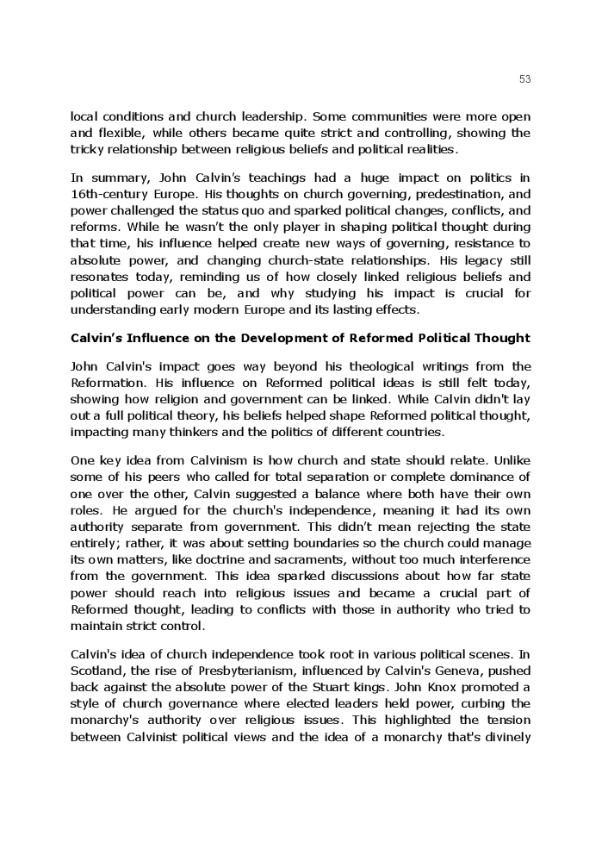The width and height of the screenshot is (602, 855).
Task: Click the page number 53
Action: coord(525,79)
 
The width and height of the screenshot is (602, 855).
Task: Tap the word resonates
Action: coord(101,277)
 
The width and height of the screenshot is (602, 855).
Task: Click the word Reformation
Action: coord(109,383)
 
